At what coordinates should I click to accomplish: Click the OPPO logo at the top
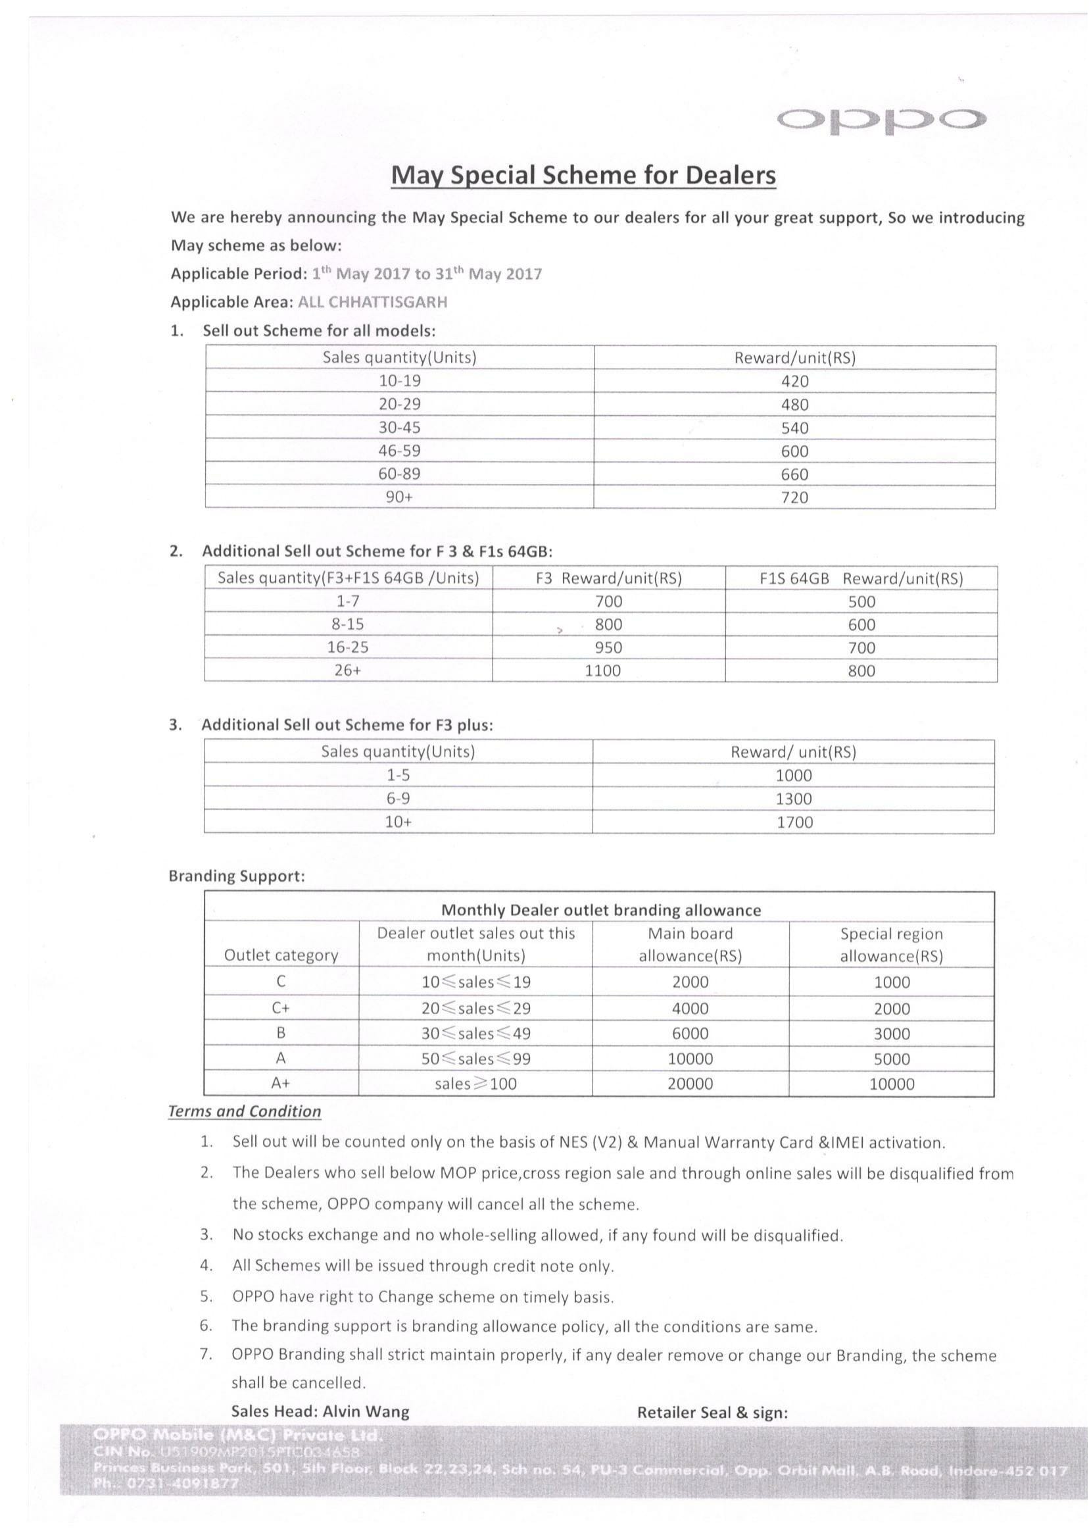pos(882,120)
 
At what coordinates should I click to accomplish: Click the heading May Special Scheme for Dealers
pos(583,175)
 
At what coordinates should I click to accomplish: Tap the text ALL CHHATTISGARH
pos(372,302)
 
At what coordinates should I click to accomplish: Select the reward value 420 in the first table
pos(794,381)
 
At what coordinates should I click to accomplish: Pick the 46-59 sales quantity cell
pos(400,451)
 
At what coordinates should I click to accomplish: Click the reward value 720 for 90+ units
pos(794,498)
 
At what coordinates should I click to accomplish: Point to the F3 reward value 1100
pos(602,670)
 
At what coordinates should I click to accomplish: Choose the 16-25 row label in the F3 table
pos(347,647)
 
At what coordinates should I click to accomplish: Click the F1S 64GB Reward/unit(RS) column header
pos(861,578)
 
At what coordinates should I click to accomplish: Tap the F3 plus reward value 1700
pos(794,822)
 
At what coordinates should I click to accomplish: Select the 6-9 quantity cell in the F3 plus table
pos(398,798)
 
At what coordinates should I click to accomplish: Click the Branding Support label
pos(237,876)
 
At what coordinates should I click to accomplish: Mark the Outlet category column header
pos(281,955)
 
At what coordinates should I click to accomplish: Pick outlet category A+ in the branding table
pos(281,1083)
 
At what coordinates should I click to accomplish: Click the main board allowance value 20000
pos(690,1084)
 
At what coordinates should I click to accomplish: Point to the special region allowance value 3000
pos(891,1034)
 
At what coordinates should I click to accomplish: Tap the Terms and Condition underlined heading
pos(245,1112)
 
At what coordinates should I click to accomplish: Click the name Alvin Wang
pos(366,1411)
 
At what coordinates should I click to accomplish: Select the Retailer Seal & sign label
pos(712,1413)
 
